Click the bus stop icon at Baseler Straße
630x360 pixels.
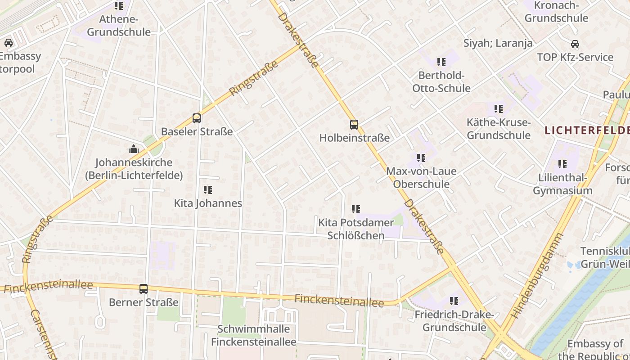pos(197,118)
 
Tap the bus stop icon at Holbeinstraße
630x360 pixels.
pos(354,125)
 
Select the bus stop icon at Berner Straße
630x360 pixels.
pos(144,289)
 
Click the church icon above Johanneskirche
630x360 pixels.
pos(134,149)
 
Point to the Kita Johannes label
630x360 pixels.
pos(208,203)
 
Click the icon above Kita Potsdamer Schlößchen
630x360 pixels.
pos(356,209)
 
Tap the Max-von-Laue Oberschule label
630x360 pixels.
pos(421,178)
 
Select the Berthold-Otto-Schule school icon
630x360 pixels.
pos(441,62)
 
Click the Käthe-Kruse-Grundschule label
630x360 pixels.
pos(498,129)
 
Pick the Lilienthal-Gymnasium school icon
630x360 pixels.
pos(562,164)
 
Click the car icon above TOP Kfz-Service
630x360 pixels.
pos(575,44)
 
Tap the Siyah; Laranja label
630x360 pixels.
pos(498,43)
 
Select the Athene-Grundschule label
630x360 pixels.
pos(119,26)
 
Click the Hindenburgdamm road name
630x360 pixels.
pos(538,275)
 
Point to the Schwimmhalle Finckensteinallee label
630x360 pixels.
pos(254,335)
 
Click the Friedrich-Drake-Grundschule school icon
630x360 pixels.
pos(454,301)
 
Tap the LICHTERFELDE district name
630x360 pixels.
pos(587,130)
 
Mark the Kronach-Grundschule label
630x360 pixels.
pos(556,12)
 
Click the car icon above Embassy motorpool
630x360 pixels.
pos(9,43)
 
